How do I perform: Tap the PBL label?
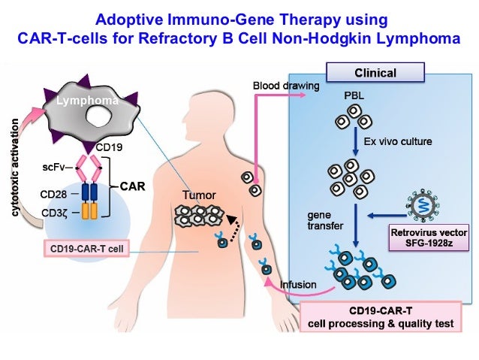[x=353, y=97]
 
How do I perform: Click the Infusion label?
[x=297, y=283]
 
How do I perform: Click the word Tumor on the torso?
[x=199, y=195]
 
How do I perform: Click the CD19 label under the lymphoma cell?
[x=109, y=147]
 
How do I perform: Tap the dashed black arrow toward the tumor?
[x=237, y=227]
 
